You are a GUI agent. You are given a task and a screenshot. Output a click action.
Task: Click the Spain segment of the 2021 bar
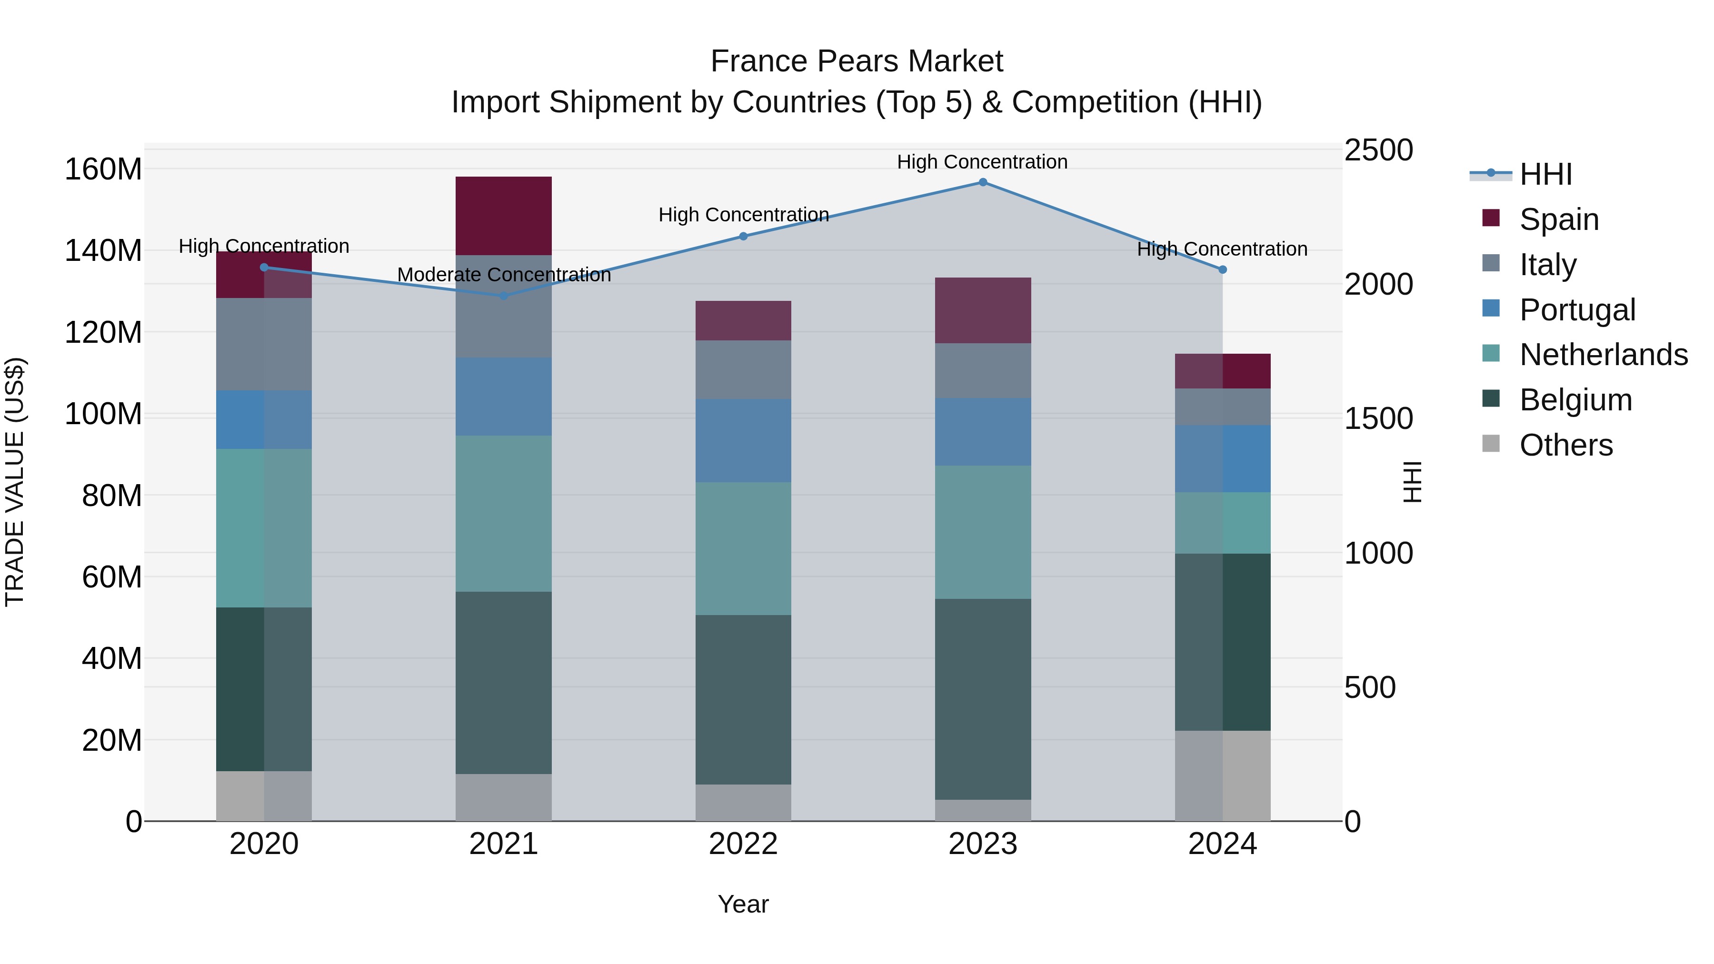point(504,216)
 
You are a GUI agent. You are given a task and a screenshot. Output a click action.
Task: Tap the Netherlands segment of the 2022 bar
point(743,548)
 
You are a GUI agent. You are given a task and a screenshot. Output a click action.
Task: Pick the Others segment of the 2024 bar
point(1222,776)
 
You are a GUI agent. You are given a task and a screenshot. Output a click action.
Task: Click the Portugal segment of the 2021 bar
point(504,397)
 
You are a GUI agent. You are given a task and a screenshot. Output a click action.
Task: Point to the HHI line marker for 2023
point(983,182)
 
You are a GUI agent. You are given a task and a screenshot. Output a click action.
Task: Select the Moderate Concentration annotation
point(504,275)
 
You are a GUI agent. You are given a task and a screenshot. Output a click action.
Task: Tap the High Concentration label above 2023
point(982,162)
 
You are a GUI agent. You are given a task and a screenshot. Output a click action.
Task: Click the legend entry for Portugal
point(1577,310)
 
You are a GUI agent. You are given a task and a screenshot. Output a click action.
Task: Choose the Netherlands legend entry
point(1603,355)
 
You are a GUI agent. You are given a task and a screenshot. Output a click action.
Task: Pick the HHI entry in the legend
point(1545,174)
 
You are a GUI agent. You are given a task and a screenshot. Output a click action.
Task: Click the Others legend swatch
point(1491,444)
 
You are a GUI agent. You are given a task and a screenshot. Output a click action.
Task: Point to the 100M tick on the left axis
point(103,414)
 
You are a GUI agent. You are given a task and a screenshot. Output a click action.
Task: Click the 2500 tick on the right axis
point(1378,150)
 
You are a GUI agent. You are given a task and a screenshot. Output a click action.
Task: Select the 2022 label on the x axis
point(743,844)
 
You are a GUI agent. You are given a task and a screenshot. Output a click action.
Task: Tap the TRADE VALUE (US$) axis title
point(15,482)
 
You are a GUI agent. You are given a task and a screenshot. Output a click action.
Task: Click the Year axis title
point(743,904)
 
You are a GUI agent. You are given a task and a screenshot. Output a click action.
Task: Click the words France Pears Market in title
point(857,61)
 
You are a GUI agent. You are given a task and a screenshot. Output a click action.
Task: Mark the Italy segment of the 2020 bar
point(264,344)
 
